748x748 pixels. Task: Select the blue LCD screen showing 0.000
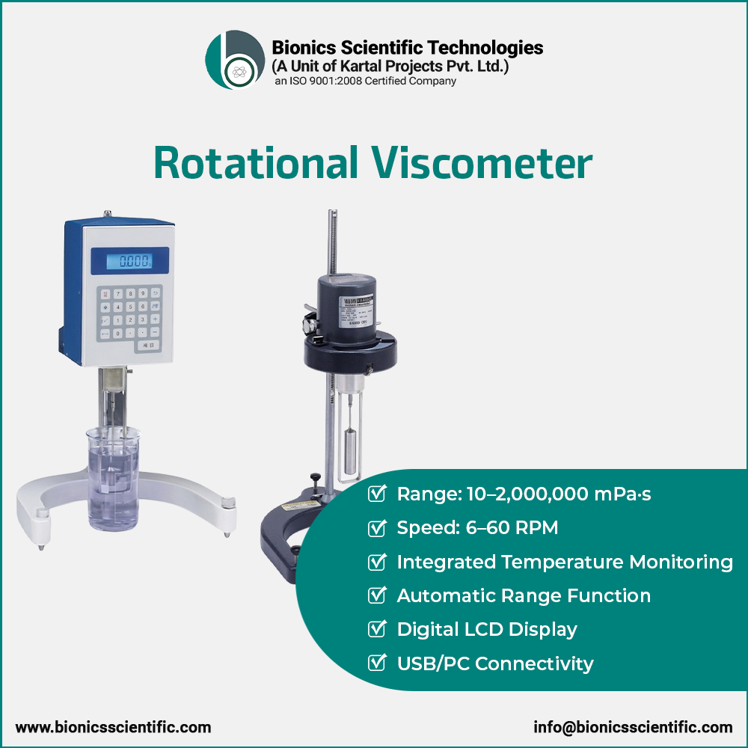[129, 260]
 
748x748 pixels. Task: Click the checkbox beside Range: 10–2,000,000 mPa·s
[378, 494]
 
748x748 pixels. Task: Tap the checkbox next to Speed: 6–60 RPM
[378, 528]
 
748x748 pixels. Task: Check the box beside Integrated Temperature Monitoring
[378, 562]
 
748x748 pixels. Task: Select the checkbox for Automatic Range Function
[378, 595]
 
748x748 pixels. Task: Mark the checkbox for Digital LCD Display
[378, 629]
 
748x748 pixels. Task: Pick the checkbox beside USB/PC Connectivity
[378, 663]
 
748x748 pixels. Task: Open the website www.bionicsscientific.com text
[113, 727]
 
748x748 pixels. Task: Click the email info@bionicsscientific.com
[633, 727]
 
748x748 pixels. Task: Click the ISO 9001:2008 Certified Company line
[365, 81]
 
